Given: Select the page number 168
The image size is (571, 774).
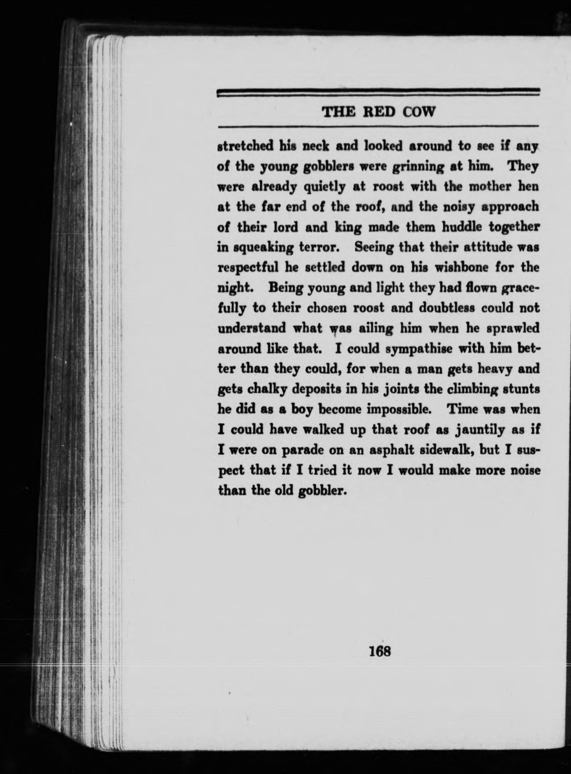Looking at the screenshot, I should click(x=380, y=651).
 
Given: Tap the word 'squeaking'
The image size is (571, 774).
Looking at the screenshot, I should click(x=257, y=248).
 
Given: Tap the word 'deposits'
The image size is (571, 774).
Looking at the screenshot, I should click(x=316, y=390).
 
